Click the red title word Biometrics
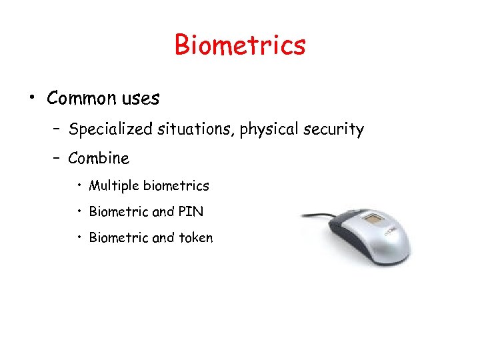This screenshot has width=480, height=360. [x=240, y=45]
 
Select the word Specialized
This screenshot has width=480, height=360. [x=111, y=129]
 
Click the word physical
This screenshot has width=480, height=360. [x=265, y=129]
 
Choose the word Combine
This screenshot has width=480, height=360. [x=99, y=159]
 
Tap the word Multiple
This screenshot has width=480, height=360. [x=114, y=186]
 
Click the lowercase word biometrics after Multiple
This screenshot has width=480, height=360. [x=176, y=186]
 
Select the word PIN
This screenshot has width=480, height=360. [x=191, y=212]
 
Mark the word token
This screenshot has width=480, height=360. [x=195, y=237]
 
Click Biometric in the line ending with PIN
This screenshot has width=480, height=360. [x=119, y=212]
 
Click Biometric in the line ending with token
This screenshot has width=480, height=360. [x=119, y=237]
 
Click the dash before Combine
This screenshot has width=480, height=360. [x=57, y=159]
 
